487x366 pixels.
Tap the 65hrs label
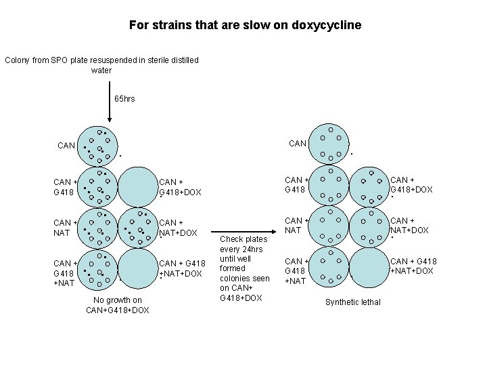125,99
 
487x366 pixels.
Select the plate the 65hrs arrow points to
99,146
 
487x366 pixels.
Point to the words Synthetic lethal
353,302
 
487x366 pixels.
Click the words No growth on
118,300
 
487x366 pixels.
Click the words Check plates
244,239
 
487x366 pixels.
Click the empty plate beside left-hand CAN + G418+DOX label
137,186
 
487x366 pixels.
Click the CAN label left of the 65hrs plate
66,145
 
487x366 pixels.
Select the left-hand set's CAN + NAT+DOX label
178,228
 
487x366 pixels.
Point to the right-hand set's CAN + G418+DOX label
411,185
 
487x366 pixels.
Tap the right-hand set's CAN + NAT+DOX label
410,225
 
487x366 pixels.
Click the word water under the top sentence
101,70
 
